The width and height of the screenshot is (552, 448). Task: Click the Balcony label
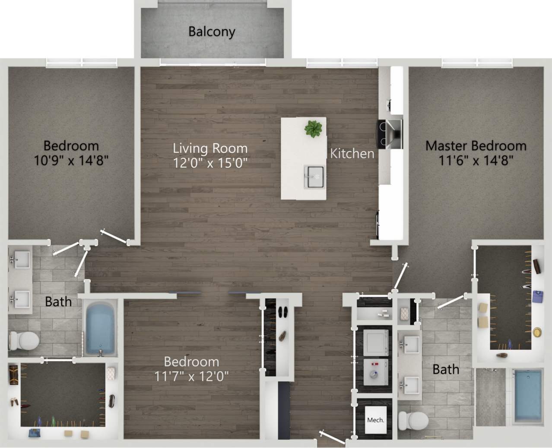(x=212, y=32)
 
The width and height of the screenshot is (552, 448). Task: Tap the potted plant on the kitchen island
(x=313, y=128)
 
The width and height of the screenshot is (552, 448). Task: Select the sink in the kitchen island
(x=314, y=176)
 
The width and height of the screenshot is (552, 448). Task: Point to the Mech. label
(x=375, y=420)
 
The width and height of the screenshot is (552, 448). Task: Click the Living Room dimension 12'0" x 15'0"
(x=210, y=163)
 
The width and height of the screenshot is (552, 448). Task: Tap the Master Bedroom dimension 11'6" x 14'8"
(x=476, y=160)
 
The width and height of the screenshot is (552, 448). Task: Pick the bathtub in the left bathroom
(x=101, y=327)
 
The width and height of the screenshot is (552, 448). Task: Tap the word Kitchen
(x=352, y=154)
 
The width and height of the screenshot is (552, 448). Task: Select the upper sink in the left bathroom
(x=20, y=260)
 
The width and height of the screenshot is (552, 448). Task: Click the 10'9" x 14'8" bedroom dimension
(x=71, y=160)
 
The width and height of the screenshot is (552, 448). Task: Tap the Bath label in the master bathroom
(x=446, y=369)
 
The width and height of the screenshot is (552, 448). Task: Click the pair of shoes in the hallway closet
(x=283, y=312)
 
